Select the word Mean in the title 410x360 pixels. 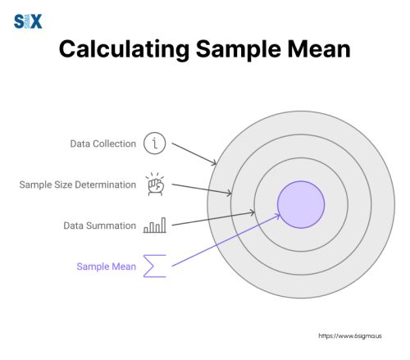tap(315, 50)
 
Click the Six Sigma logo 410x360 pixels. tap(28, 21)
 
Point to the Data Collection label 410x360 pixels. tap(102, 144)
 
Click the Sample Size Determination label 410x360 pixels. tap(78, 185)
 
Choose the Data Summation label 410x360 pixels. tap(100, 225)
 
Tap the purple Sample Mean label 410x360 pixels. tap(107, 266)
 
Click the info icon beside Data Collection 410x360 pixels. tap(155, 144)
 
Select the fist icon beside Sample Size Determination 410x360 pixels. tap(154, 185)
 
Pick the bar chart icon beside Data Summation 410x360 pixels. tap(155, 225)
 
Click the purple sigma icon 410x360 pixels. tap(154, 266)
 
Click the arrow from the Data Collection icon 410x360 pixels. tap(194, 153)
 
